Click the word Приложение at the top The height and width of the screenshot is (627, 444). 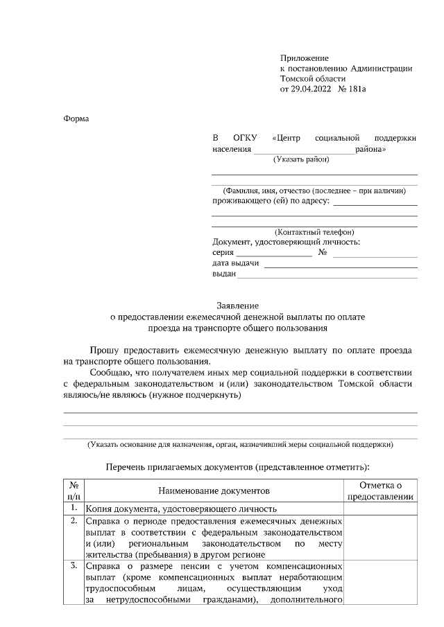[x=305, y=58]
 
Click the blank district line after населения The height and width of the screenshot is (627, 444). [x=304, y=150]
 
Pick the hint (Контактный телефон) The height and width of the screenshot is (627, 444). [x=314, y=231]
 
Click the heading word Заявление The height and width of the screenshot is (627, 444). [x=237, y=306]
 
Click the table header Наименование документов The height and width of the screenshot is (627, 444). [x=212, y=491]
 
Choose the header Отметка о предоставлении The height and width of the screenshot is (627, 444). [x=381, y=491]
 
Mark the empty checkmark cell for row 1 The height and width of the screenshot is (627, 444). [x=381, y=508]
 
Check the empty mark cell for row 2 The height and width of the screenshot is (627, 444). [x=381, y=537]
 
